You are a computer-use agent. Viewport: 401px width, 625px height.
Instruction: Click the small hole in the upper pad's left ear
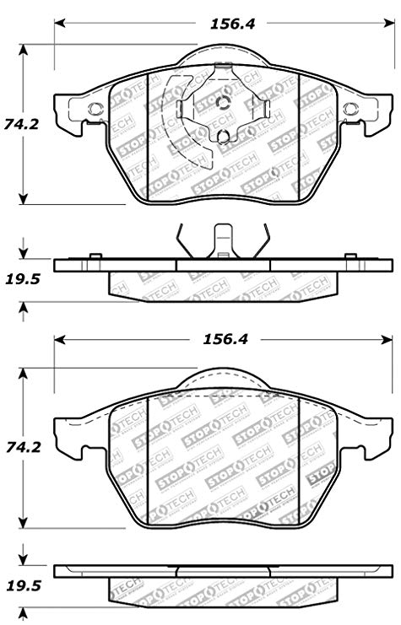point(95,107)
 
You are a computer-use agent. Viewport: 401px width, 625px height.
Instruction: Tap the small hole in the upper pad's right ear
point(350,107)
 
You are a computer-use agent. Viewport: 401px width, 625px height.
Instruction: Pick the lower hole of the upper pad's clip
point(223,137)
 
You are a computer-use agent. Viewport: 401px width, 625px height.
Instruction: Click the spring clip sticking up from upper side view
point(223,240)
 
